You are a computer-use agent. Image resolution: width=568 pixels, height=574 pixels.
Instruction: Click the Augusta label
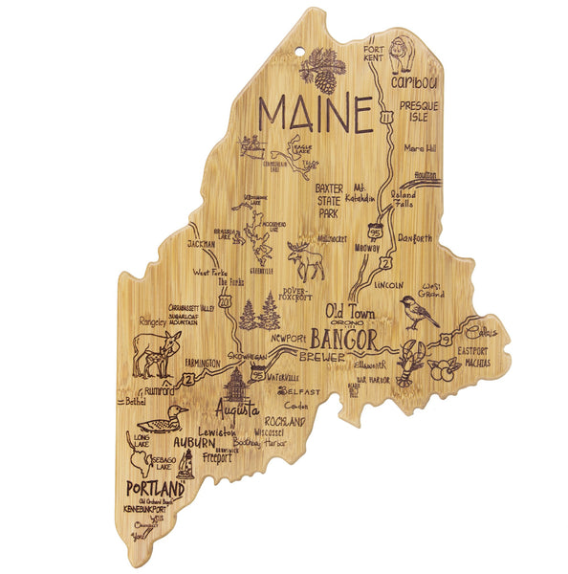236,410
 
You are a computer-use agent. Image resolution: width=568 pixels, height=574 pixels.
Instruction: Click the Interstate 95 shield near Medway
377,228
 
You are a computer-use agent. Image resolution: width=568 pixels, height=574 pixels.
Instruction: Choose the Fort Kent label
374,54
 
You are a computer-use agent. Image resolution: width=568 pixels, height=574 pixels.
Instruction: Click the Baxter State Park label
329,201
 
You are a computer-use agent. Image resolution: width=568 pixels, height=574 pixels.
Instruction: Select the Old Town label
350,312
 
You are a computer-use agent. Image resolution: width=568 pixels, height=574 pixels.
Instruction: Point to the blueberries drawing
442,369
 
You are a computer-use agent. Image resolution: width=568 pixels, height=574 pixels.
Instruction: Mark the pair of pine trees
256,314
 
